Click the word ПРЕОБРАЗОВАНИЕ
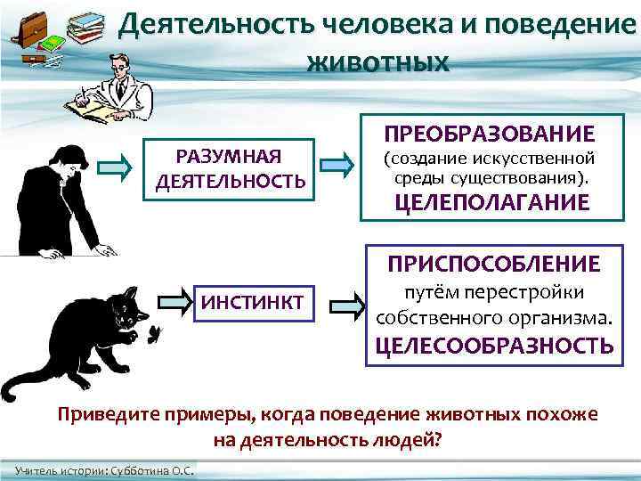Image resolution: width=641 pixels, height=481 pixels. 490,135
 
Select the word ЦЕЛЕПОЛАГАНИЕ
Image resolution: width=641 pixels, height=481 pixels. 491,202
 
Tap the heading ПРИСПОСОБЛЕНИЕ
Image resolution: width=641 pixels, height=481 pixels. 492,264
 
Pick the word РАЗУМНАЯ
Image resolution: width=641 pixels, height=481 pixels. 230,158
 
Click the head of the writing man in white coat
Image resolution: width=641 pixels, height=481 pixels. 115,64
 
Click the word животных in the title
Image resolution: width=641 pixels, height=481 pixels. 377,63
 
